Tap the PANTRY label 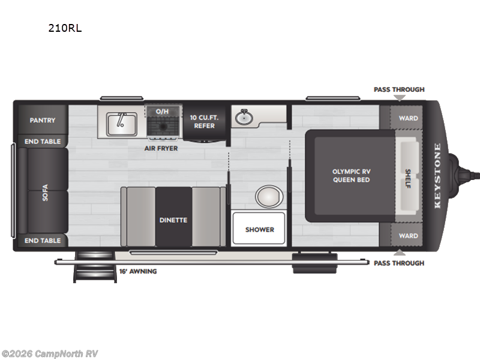43,120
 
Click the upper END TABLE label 43,142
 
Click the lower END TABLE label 43,241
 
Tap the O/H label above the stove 162,112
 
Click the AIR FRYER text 161,148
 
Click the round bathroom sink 244,118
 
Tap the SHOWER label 259,229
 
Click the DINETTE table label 173,220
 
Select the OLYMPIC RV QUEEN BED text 351,175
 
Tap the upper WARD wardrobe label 409,118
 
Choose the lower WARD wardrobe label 409,236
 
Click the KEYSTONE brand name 437,175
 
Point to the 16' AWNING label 137,271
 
